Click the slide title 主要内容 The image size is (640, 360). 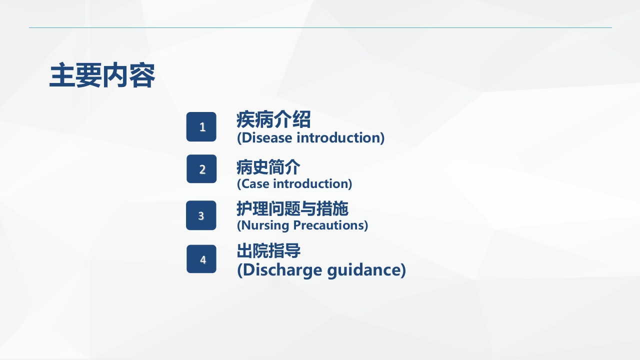tap(102, 76)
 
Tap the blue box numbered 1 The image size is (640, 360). tap(201, 127)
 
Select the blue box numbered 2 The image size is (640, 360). tap(201, 169)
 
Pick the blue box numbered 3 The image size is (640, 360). tap(201, 215)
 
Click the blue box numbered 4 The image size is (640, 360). tap(201, 259)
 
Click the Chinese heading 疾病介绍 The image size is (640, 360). tap(273, 120)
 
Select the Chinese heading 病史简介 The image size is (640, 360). tap(268, 167)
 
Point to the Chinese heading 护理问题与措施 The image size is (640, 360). tap(292, 208)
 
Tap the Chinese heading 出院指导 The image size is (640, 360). tap(268, 250)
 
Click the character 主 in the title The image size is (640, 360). tap(62, 76)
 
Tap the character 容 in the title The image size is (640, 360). tap(142, 76)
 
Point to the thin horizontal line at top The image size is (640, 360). tap(320, 27)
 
